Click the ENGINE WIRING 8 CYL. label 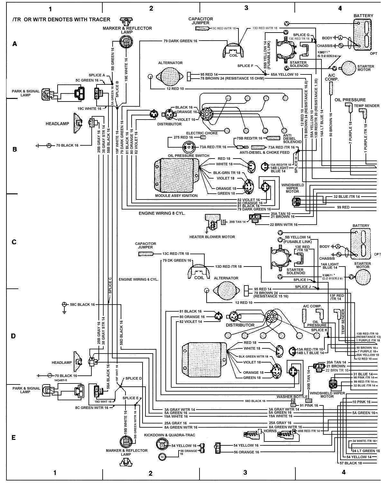(162, 213)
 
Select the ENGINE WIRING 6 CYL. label (138, 279)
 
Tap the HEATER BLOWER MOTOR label (212, 237)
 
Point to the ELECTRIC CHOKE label (202, 133)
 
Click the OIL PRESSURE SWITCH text (188, 156)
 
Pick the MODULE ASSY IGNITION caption (176, 196)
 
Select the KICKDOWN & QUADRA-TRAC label (169, 435)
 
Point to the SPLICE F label (246, 66)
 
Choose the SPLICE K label (319, 330)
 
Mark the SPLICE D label (134, 378)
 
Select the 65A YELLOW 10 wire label (284, 74)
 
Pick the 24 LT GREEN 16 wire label (366, 451)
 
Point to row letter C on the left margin (14, 242)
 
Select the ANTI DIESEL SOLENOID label (292, 139)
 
